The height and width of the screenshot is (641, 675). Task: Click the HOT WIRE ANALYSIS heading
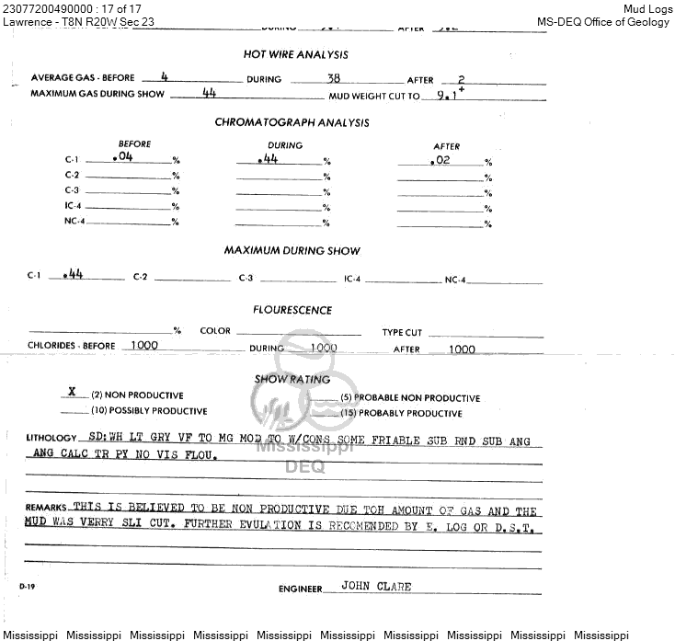295,55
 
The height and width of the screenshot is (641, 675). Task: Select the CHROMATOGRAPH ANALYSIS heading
292,122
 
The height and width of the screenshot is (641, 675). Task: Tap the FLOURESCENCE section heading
292,311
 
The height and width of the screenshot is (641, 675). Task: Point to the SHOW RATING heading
292,379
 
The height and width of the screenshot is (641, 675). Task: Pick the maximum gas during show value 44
209,93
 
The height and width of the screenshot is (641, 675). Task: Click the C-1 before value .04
121,157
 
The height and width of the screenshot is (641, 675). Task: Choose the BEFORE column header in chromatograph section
134,144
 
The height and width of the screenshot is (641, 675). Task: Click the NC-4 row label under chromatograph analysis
74,222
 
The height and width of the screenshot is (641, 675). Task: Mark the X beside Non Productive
72,391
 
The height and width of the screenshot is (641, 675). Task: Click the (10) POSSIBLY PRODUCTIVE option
148,411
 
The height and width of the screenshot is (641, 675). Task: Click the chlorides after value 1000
462,349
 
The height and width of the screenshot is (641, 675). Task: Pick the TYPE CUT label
402,333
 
